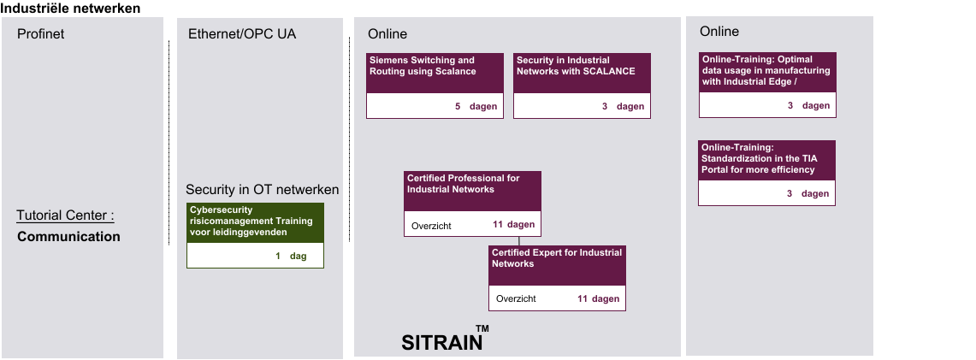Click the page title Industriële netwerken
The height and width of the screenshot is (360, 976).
tap(70, 8)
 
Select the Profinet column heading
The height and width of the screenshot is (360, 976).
tap(40, 33)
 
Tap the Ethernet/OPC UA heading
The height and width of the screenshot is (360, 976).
tap(242, 33)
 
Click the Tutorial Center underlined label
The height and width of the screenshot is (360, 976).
tap(65, 215)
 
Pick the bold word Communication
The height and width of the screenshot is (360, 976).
tap(68, 236)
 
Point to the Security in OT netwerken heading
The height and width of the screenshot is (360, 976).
tap(262, 189)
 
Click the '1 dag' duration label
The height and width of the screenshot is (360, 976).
tap(291, 256)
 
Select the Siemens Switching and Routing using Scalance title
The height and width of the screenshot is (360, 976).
tap(422, 66)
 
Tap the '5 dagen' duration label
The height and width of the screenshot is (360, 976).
tap(476, 106)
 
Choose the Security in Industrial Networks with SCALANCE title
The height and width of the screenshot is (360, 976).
tap(576, 66)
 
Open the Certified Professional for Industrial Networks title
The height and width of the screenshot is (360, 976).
tap(463, 183)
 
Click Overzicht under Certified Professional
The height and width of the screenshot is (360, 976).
tap(431, 226)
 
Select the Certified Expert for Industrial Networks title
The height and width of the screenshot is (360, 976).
tap(557, 258)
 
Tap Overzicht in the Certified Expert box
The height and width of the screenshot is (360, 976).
tap(516, 299)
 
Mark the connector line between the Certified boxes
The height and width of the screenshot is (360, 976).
tap(518, 240)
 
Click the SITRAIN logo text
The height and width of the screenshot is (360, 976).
tap(442, 343)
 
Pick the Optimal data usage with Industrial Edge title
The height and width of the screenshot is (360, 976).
tap(766, 70)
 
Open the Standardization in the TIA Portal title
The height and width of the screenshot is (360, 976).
tap(758, 158)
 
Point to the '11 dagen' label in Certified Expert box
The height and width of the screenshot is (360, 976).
tap(598, 298)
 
